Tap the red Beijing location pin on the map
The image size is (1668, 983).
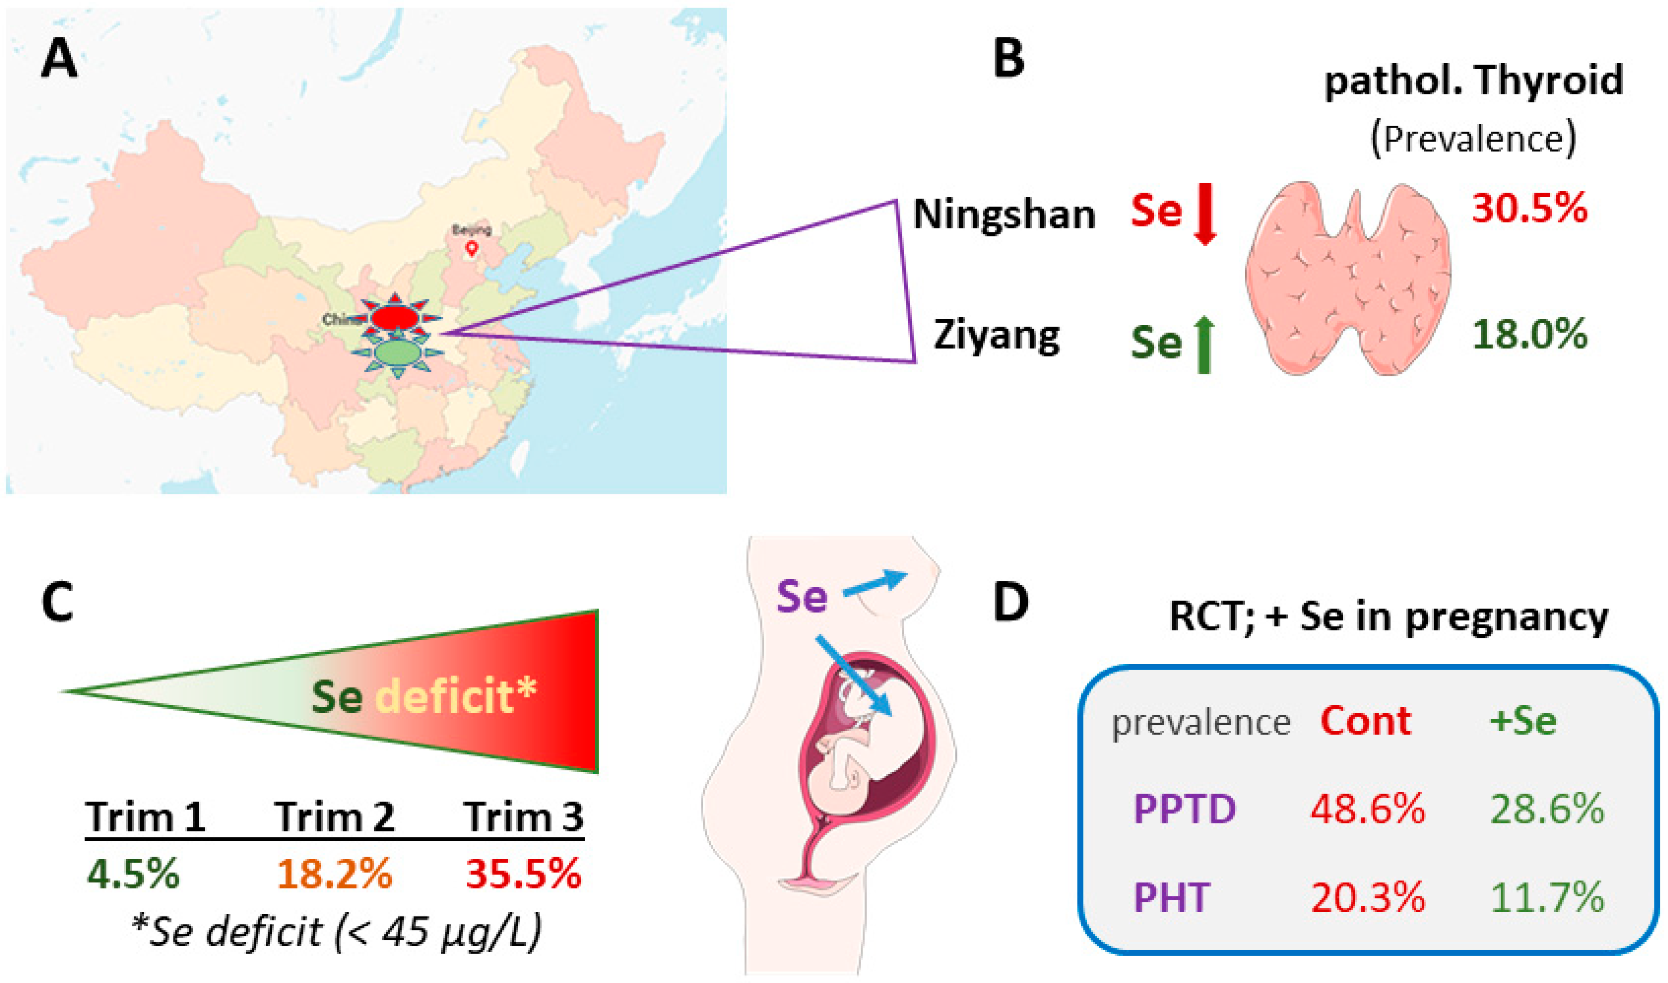472,248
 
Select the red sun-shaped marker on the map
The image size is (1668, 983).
395,317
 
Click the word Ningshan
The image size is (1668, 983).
1004,215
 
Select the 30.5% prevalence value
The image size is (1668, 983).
1530,209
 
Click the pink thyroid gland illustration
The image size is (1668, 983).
1348,278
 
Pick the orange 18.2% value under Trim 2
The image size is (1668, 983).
335,874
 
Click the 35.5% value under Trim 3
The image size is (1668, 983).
523,874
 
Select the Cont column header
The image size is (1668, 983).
1365,720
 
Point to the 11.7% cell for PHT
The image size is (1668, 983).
1548,898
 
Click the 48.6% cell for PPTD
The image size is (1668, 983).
1367,809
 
